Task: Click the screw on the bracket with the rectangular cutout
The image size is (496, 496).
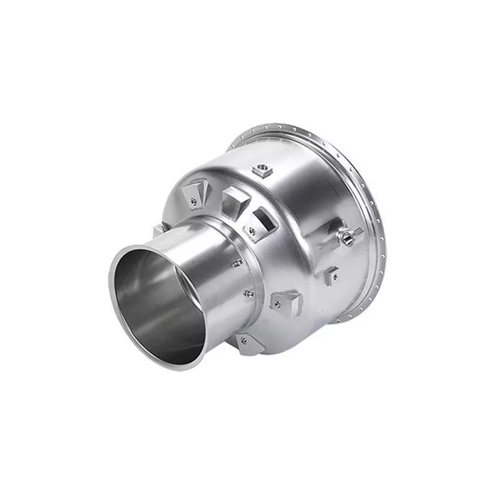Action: [252, 230]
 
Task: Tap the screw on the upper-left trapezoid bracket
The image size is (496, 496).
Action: [194, 200]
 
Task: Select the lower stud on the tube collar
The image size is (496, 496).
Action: [248, 293]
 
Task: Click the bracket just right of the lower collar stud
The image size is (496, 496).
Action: [285, 302]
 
